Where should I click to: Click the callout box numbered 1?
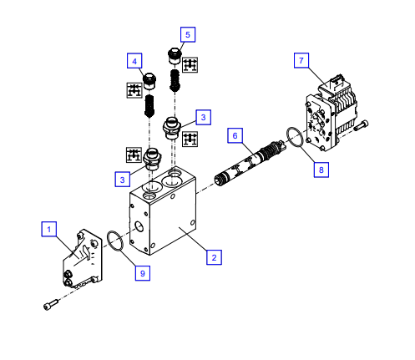[x=49, y=229]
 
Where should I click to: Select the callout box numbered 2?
[x=214, y=257]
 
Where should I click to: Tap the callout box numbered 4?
[x=134, y=61]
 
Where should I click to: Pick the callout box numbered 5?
[x=188, y=34]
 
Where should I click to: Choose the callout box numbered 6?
[x=235, y=135]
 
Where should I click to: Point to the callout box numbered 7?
[x=301, y=60]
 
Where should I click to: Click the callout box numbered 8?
[x=321, y=170]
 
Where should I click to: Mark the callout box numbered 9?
[x=143, y=273]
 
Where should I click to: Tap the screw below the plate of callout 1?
[x=51, y=304]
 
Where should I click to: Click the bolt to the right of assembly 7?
[x=362, y=125]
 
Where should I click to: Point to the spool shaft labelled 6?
[x=249, y=162]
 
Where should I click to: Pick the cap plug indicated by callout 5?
[x=175, y=56]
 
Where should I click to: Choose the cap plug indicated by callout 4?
[x=149, y=81]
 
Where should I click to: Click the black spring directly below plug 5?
[x=175, y=80]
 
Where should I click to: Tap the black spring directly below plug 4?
[x=149, y=106]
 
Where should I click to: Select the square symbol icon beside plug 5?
[x=190, y=65]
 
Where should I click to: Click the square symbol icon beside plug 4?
[x=134, y=90]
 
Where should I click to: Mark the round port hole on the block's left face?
[x=139, y=226]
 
